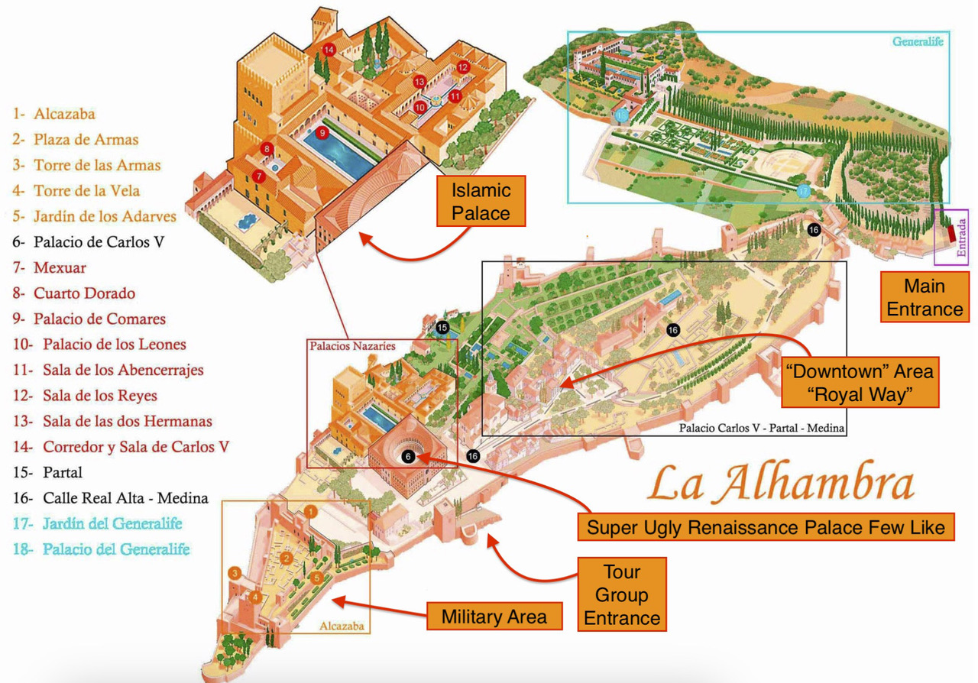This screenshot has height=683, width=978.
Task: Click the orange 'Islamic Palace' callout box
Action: pos(481,201)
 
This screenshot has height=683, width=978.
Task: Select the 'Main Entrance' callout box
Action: pos(924,297)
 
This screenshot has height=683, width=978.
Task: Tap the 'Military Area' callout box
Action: pos(494,617)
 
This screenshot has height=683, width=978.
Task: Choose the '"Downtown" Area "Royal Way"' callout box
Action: pos(859,384)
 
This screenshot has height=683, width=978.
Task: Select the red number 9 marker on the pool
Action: pos(322,133)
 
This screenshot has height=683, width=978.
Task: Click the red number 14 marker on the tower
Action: pos(329,50)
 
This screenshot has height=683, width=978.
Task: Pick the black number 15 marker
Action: pos(442,328)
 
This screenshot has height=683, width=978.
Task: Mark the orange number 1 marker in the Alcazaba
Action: pos(310,511)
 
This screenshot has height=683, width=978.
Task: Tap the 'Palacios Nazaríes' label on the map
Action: pos(352,346)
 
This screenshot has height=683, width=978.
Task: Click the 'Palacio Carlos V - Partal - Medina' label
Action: pos(761,429)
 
